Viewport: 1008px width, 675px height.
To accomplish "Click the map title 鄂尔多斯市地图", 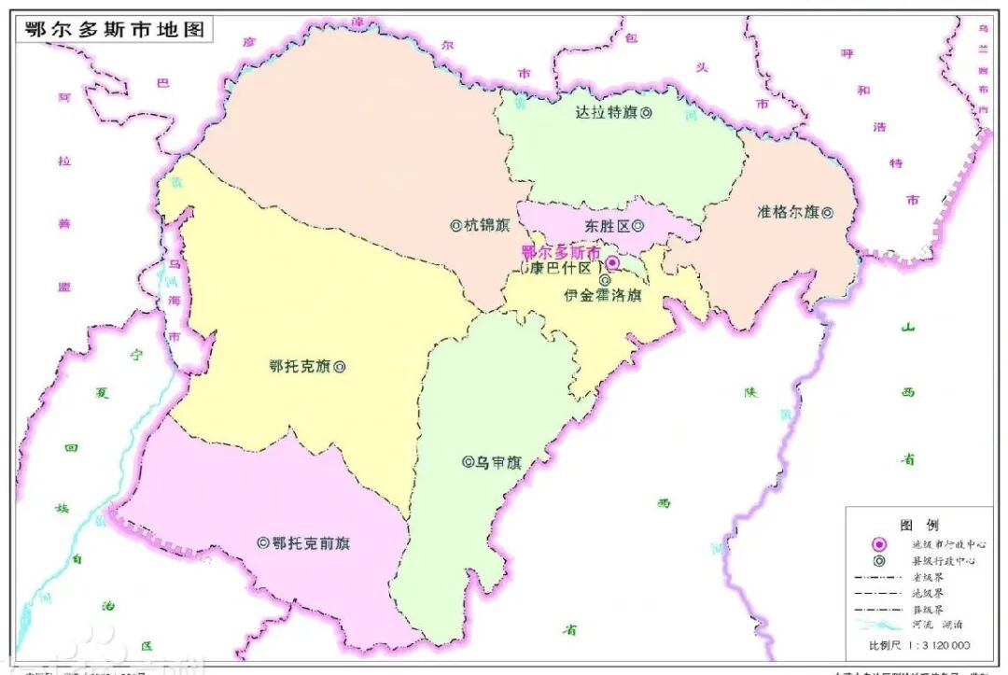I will click(115, 29).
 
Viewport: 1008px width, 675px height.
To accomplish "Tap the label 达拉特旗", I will click(605, 112).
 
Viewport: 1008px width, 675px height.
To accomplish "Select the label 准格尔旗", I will click(788, 212).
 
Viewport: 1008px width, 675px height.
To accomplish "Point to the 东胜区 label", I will click(608, 226).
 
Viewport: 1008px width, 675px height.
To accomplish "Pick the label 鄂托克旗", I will click(300, 367).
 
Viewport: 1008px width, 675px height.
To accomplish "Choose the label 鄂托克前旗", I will click(312, 542).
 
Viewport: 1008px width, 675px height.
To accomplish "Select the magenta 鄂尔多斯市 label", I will click(560, 251).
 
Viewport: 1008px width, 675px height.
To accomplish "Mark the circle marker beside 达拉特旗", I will click(645, 112).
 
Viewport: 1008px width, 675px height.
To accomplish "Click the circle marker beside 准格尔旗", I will click(827, 212).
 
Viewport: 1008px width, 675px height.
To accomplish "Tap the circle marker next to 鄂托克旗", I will click(340, 367).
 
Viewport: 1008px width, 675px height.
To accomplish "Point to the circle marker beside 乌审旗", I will click(468, 461).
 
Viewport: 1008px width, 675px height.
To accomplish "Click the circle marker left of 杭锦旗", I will click(456, 225).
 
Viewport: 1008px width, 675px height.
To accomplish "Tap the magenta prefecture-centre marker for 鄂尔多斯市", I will click(612, 264).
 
